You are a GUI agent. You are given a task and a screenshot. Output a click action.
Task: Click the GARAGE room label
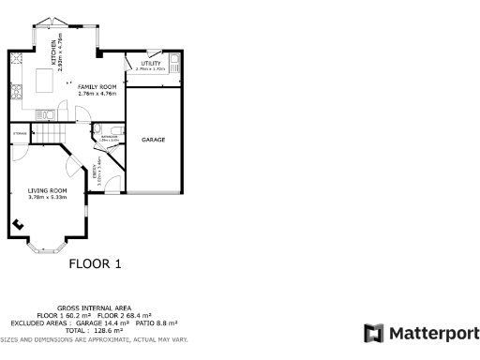tap(153, 140)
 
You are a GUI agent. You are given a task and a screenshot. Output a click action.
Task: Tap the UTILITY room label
tap(150, 63)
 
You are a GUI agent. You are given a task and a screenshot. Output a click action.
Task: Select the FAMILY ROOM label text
tap(97, 87)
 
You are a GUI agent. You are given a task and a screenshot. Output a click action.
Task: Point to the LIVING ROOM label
tap(47, 190)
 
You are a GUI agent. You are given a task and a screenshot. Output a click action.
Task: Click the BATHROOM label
tap(109, 135)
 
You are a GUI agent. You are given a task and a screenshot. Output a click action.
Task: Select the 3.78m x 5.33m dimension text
tap(47, 197)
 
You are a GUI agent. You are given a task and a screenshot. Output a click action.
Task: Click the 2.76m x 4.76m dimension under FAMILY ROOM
tap(97, 94)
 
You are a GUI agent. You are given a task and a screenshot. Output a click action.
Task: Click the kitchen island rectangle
tap(45, 81)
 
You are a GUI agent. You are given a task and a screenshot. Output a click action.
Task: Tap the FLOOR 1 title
tap(96, 264)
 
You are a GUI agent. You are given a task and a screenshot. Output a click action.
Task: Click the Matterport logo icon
tap(373, 334)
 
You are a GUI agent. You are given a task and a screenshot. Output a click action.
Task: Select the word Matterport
tap(433, 334)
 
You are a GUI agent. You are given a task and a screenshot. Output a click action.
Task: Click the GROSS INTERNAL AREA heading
tap(94, 307)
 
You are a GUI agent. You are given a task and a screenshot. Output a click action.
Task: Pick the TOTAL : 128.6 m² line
tap(94, 330)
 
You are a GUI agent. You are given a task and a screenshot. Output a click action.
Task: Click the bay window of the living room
tap(46, 247)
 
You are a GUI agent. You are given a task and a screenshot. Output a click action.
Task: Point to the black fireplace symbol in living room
tap(19, 224)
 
